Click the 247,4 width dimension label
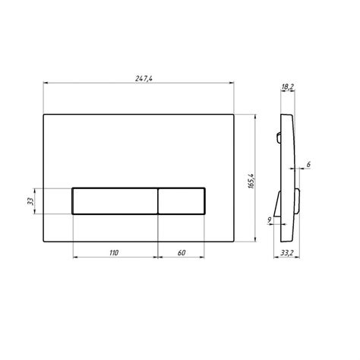point(144,79)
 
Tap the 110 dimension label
point(114,253)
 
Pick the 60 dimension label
point(182,253)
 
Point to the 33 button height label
point(30,201)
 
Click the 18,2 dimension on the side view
point(288,87)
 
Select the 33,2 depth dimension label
point(286,253)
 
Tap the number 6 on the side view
point(308,165)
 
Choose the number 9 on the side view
point(270,220)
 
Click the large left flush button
point(115,201)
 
